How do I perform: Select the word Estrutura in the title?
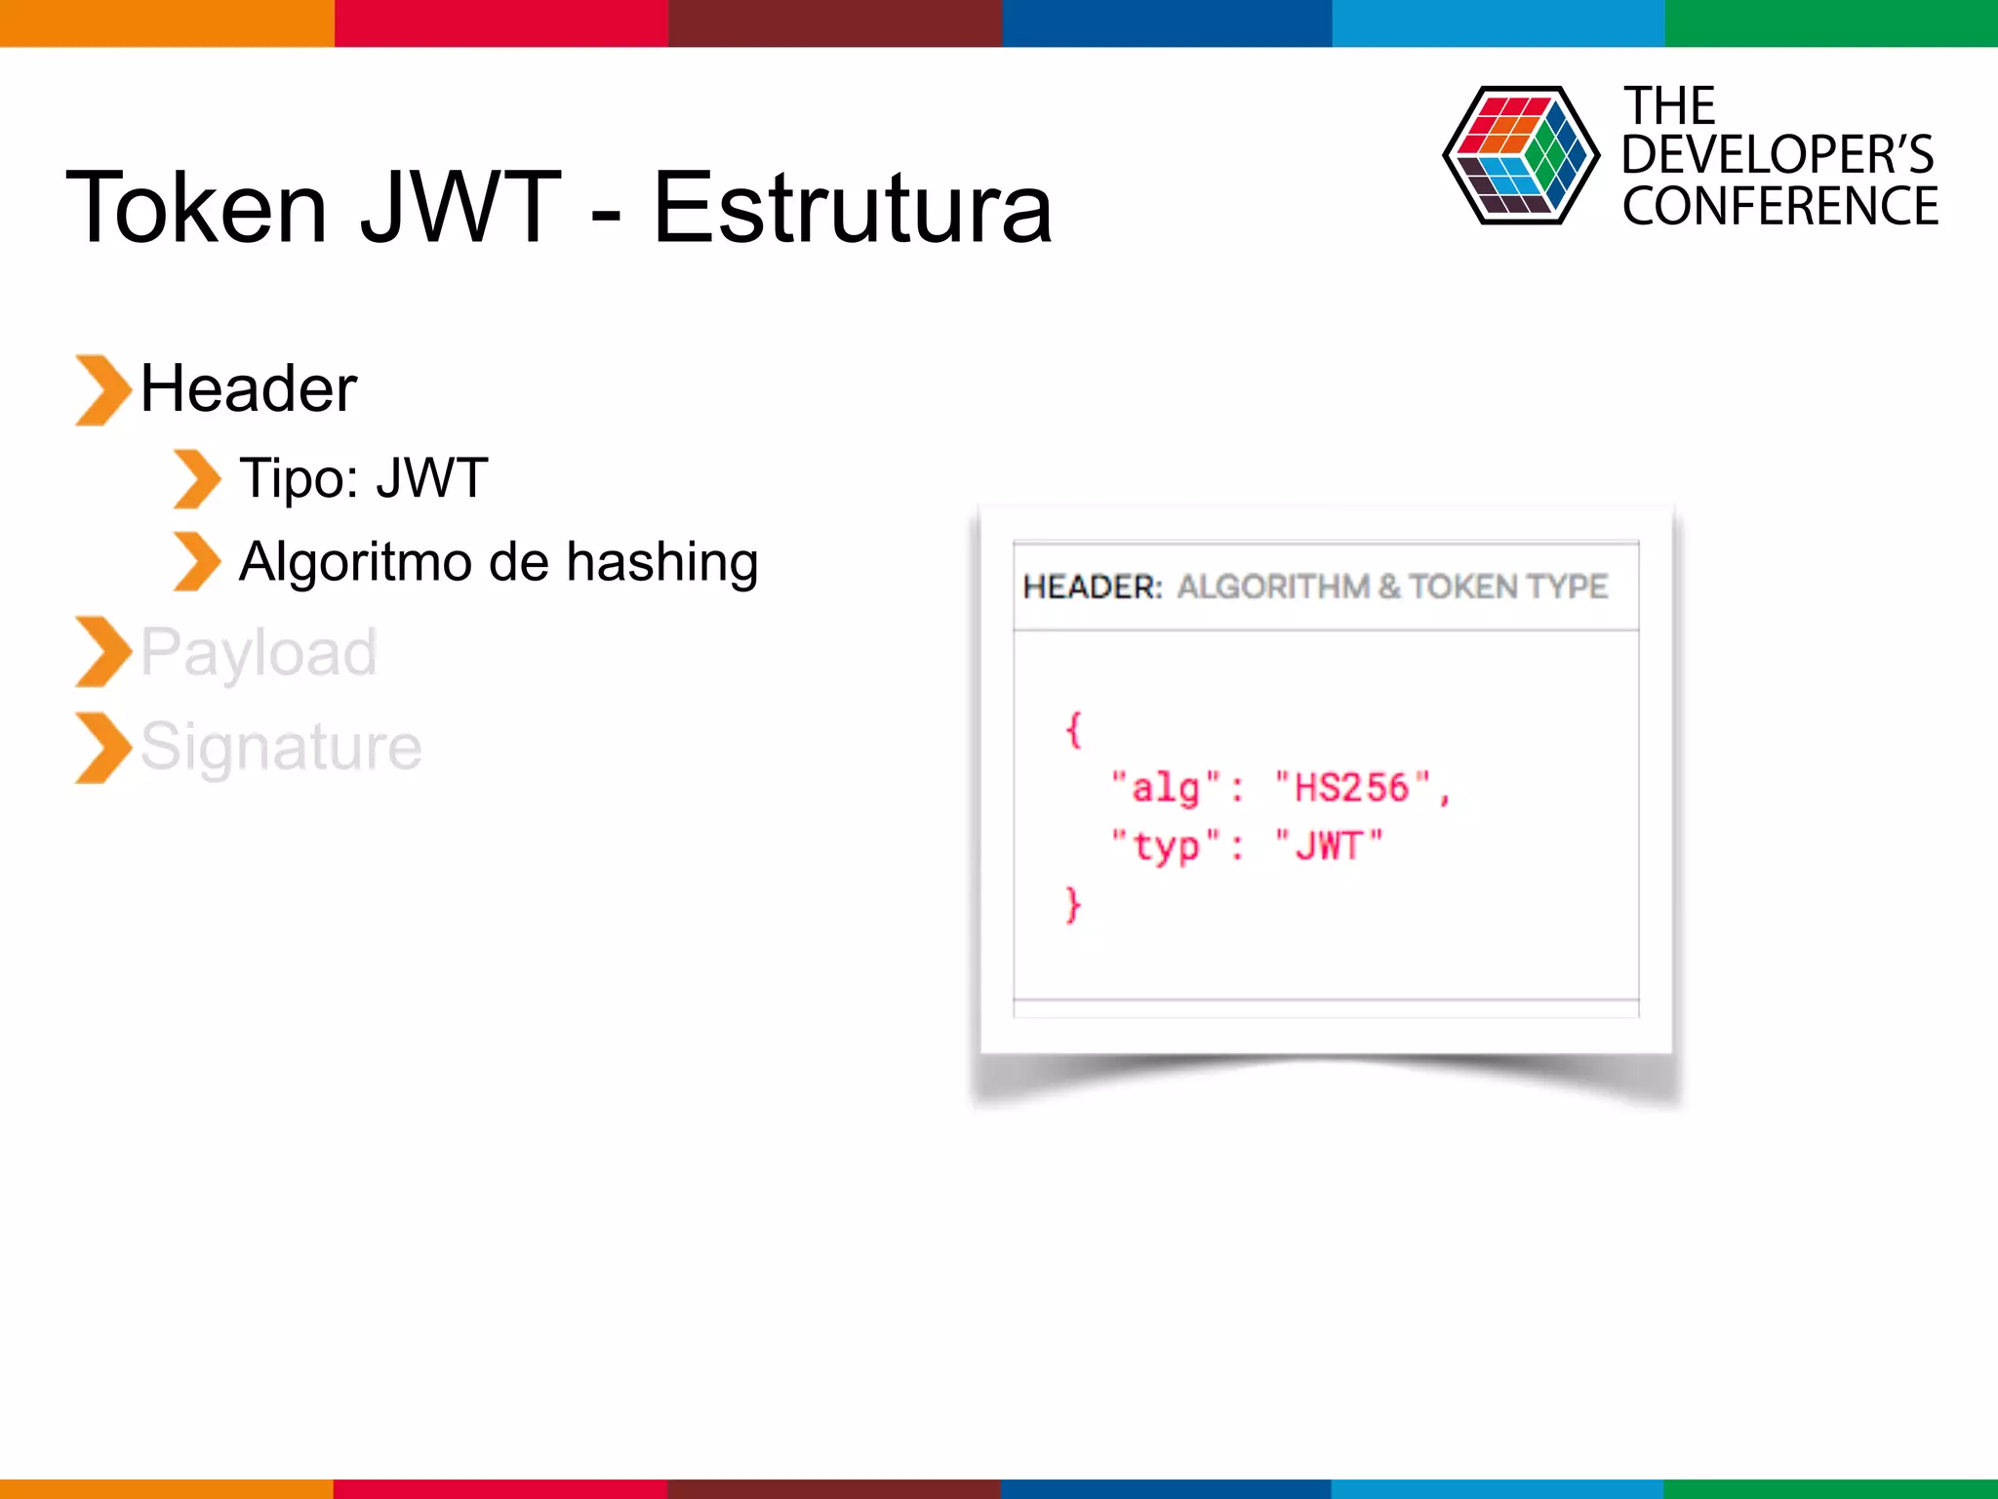tap(853, 208)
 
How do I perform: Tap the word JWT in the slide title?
tap(460, 208)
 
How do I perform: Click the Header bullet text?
tap(249, 388)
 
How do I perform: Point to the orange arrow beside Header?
tap(101, 390)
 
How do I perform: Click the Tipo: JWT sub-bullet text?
tap(363, 478)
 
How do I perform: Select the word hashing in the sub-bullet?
tap(662, 562)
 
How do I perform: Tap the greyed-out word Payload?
tap(259, 652)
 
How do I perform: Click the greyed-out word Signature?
tap(281, 747)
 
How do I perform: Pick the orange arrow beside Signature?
tap(101, 749)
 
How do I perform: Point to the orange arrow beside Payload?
tap(101, 652)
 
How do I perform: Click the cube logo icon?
tap(1520, 155)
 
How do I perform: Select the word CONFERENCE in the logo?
tap(1780, 206)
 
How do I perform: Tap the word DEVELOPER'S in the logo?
tap(1778, 154)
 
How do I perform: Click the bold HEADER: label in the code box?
tap(1092, 587)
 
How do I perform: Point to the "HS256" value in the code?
tap(1352, 788)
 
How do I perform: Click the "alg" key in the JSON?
tap(1166, 788)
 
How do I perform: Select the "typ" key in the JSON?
tap(1166, 845)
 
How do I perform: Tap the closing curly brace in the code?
tap(1073, 905)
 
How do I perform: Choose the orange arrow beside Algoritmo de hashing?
tap(197, 562)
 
